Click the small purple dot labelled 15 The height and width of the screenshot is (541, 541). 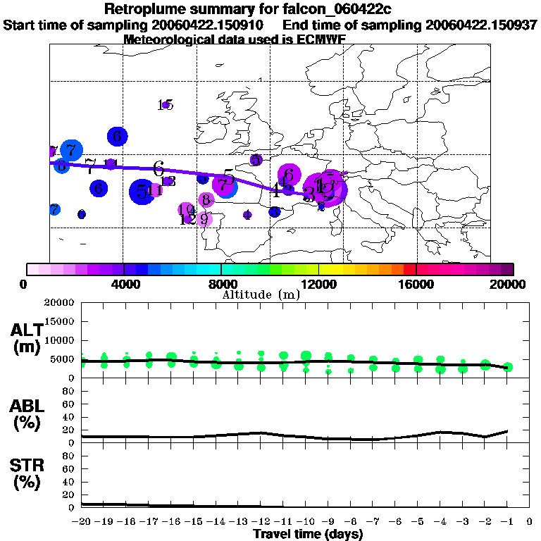click(166, 105)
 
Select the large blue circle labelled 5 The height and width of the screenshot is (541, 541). click(142, 192)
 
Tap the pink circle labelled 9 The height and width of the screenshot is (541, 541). click(204, 219)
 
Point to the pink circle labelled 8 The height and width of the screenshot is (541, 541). click(206, 200)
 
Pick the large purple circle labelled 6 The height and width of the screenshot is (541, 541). click(289, 175)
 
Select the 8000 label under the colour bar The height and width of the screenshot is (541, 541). click(221, 285)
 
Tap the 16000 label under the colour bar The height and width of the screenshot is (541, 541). click(416, 285)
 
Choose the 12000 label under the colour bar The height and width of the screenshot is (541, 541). click(318, 285)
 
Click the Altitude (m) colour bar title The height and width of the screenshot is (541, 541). click(261, 294)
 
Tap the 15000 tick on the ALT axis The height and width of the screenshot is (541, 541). click(58, 321)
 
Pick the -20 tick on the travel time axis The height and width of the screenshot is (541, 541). click(81, 521)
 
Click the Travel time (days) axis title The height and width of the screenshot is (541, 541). click(308, 534)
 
